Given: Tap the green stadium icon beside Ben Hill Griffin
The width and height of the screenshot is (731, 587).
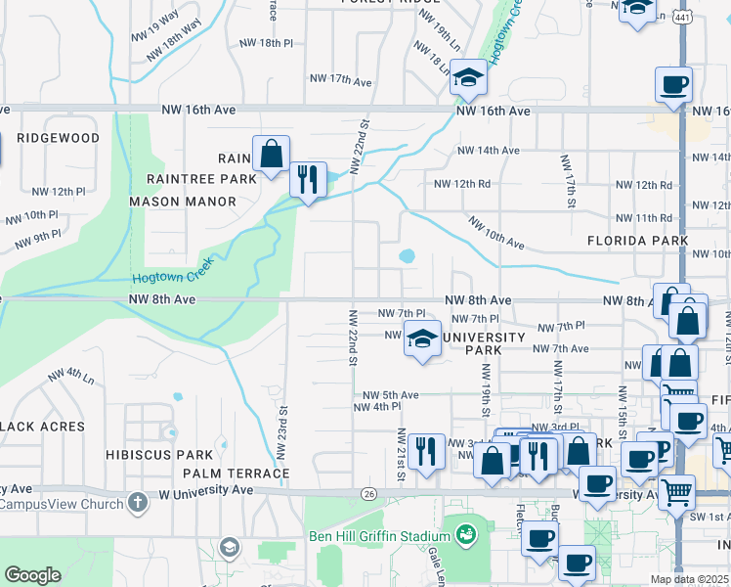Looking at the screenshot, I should click(465, 534).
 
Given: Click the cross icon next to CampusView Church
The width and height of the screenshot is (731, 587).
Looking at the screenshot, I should click(138, 504).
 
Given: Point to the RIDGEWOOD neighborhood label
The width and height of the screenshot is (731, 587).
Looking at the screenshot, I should click(59, 138).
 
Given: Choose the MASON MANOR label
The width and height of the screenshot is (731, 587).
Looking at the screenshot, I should click(183, 202).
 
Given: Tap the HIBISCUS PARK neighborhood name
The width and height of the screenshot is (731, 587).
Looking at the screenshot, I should click(161, 455).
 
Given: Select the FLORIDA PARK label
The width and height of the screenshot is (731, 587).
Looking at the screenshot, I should click(637, 240).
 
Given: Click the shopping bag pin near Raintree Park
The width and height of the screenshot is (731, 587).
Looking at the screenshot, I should click(271, 154).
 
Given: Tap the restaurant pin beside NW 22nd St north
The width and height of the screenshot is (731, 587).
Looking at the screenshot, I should click(308, 178).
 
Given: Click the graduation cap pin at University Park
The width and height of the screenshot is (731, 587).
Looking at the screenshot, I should click(422, 339).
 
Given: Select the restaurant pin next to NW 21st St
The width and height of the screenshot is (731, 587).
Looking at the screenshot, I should click(426, 451).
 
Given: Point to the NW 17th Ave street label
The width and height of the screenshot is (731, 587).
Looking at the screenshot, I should click(341, 78).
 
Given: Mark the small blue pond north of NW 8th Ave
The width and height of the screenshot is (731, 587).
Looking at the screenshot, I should click(407, 256).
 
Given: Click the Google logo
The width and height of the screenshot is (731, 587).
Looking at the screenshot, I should click(33, 575).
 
